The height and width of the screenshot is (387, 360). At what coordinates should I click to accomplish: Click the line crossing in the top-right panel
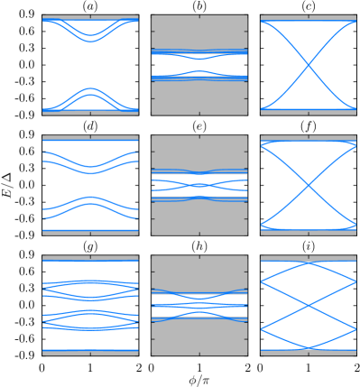309,64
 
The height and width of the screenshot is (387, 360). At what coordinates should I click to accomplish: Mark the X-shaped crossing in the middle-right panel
309,185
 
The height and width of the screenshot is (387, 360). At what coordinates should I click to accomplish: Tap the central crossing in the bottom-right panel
309,306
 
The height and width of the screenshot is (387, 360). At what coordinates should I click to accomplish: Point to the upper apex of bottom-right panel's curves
309,263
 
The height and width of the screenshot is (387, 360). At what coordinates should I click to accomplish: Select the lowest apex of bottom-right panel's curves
309,347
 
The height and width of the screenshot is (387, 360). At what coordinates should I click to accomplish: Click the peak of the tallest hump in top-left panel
90,88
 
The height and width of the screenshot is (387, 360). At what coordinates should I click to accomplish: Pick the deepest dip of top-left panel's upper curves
90,41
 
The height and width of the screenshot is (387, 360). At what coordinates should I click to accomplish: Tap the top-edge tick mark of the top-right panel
309,16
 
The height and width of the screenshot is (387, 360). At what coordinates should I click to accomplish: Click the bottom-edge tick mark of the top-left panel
90,114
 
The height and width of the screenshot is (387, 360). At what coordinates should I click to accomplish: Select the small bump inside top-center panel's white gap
199,71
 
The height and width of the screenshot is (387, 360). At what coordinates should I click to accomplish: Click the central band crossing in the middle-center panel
199,185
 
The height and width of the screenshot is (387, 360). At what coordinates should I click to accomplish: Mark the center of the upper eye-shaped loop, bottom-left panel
90,289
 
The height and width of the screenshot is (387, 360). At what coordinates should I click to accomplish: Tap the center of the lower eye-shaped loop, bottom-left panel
90,320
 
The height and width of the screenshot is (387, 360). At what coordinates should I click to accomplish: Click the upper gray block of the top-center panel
199,31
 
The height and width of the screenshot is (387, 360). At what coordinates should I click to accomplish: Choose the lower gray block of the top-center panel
199,97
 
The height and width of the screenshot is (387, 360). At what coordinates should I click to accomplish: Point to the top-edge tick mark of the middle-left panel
90,137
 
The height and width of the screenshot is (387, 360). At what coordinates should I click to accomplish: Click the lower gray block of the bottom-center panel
199,337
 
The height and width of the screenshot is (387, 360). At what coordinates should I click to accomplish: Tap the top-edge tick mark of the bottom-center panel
199,257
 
